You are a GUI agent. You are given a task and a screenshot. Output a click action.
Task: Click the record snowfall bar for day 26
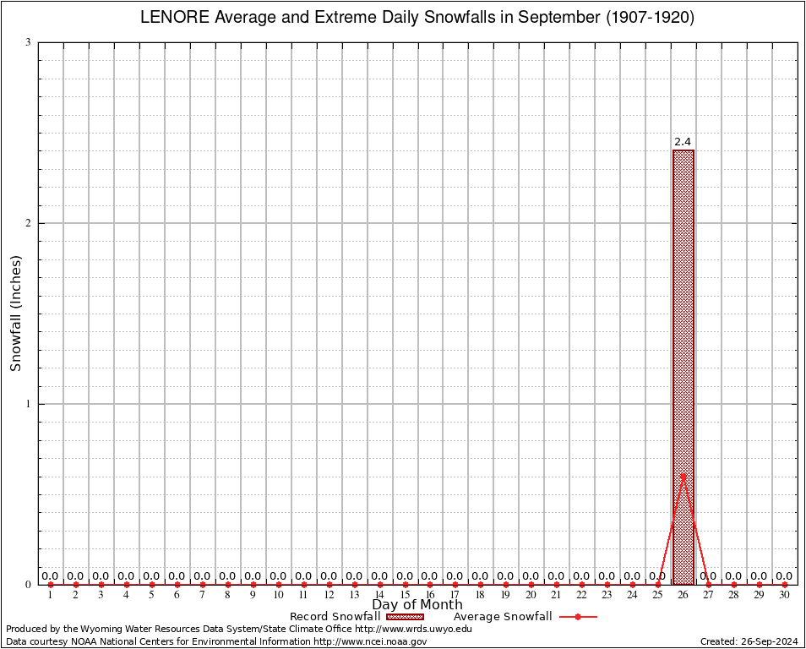click(x=683, y=338)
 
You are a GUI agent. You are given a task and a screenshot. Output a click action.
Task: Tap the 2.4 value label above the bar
click(x=683, y=142)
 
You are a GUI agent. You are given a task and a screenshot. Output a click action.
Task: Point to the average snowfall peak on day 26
click(x=683, y=476)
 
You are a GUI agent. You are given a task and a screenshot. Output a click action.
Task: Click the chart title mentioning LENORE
click(x=417, y=18)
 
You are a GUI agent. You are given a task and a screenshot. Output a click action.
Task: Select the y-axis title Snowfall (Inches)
click(x=16, y=313)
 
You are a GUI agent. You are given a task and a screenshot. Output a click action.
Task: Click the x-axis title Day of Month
click(x=417, y=605)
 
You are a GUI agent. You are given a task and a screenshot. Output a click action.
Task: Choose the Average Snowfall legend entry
click(x=524, y=617)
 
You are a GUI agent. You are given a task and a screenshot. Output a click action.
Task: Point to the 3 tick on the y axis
click(x=28, y=42)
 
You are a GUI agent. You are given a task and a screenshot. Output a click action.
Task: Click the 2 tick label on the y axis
click(x=28, y=223)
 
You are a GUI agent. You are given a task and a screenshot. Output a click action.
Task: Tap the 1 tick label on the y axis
click(x=28, y=404)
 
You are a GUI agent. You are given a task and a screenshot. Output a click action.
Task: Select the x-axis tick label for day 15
click(x=405, y=596)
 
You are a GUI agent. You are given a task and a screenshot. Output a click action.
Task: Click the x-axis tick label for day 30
click(x=784, y=596)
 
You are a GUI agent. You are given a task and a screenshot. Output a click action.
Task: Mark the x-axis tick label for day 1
click(x=50, y=596)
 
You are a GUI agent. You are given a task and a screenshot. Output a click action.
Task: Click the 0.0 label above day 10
click(x=278, y=576)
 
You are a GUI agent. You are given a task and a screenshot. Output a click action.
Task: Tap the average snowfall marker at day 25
click(x=657, y=584)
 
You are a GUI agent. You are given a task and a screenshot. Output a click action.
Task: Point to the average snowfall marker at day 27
click(x=708, y=584)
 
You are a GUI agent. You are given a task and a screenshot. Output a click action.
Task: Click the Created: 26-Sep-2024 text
click(x=749, y=641)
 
